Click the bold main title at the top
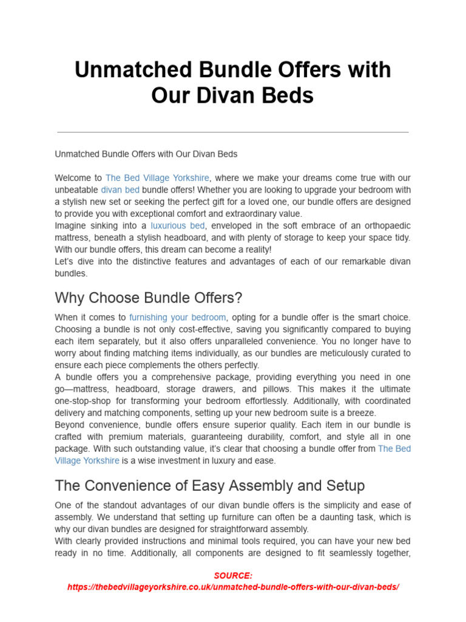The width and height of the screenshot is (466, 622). (232, 82)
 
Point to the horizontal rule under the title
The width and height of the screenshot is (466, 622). (232, 132)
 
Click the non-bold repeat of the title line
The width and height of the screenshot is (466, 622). (146, 154)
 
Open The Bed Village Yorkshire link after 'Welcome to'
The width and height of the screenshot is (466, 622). (157, 178)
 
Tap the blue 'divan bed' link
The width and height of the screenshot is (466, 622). (120, 190)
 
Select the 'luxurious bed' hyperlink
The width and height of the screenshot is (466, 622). (178, 226)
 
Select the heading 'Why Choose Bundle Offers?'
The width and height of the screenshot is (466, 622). (148, 298)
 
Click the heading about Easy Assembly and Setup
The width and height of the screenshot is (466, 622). (210, 486)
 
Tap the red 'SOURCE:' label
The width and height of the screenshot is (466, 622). (233, 576)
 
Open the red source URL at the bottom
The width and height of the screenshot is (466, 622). (233, 587)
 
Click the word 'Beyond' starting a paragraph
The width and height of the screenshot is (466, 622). (69, 425)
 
